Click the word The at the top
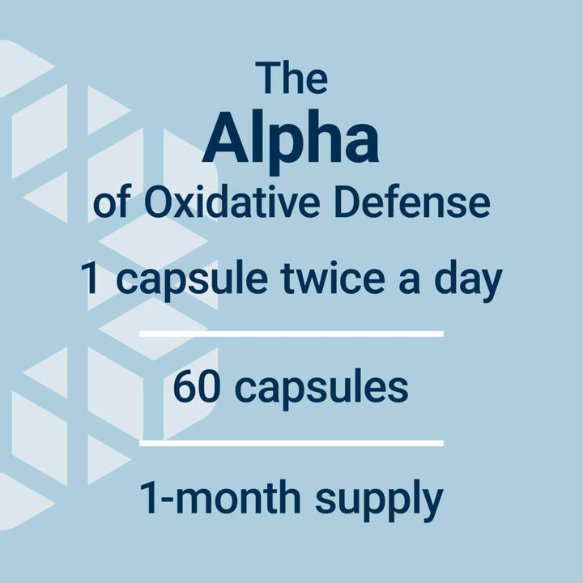coord(291,78)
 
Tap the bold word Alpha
coord(291,139)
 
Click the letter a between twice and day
coord(410,283)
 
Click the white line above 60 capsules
coord(291,333)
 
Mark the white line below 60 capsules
coord(291,442)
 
